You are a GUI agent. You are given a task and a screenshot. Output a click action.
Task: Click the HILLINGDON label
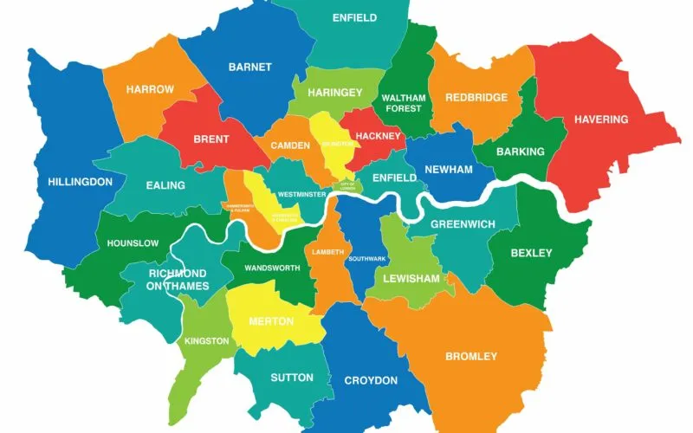pyautogui.click(x=80, y=182)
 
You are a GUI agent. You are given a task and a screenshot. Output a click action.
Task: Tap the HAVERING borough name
pyautogui.click(x=600, y=120)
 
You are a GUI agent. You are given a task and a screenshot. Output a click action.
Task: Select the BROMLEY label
pyautogui.click(x=471, y=356)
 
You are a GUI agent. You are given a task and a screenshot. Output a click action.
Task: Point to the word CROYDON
pyautogui.click(x=371, y=380)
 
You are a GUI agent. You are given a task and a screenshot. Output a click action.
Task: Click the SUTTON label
pyautogui.click(x=286, y=378)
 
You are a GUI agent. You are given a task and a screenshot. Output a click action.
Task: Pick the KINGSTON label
pyautogui.click(x=206, y=341)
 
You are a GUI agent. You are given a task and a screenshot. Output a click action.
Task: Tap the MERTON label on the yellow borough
pyautogui.click(x=271, y=321)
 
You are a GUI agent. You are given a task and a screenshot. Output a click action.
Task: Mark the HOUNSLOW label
pyautogui.click(x=133, y=243)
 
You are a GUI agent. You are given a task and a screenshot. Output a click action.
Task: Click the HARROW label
pyautogui.click(x=150, y=89)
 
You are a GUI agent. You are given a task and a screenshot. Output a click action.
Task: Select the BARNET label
pyautogui.click(x=250, y=67)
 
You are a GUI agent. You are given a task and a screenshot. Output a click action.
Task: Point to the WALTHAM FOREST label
pyautogui.click(x=402, y=103)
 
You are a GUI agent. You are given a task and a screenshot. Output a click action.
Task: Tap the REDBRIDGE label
pyautogui.click(x=476, y=97)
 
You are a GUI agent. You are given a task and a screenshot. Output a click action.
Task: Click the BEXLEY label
pyautogui.click(x=531, y=253)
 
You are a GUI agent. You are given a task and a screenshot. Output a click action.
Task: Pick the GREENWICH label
pyautogui.click(x=463, y=224)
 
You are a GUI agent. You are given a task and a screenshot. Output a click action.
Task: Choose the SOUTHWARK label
pyautogui.click(x=362, y=259)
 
